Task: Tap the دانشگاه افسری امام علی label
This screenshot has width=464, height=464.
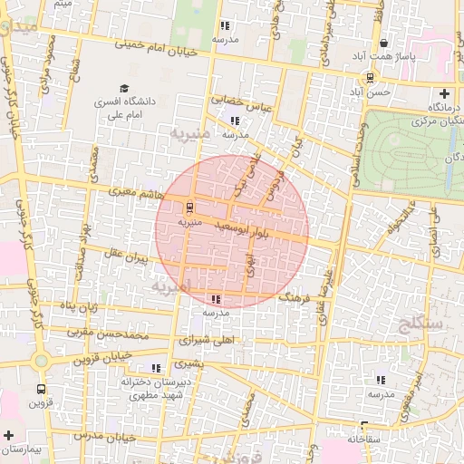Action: coord(126,110)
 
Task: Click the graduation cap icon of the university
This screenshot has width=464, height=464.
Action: coord(123,88)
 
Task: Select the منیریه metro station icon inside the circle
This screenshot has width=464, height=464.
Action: coord(188,207)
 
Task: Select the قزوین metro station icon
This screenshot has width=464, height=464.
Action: coord(40,391)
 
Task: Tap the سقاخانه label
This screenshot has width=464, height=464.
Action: coord(364,439)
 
